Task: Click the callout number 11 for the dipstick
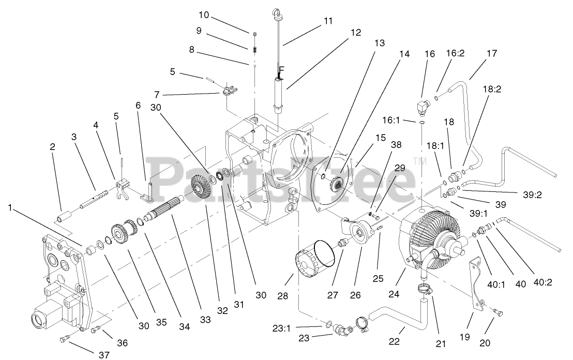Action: click(328, 21)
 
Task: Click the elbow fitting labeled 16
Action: click(423, 107)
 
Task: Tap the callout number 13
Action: click(379, 43)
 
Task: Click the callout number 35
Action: click(161, 322)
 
